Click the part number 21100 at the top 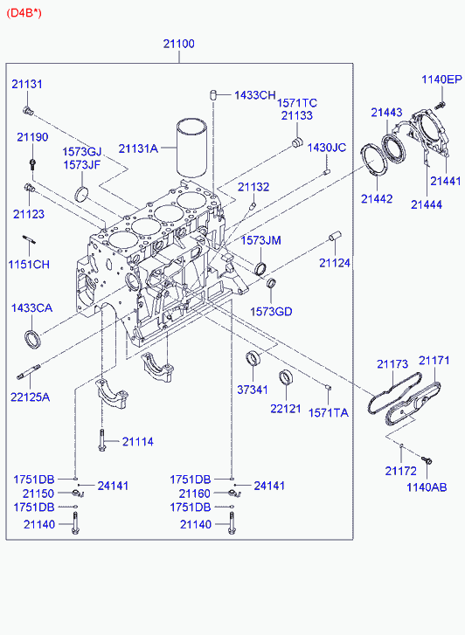[x=179, y=44]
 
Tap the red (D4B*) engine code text [x=24, y=13]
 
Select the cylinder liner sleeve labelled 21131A [x=191, y=148]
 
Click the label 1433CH [x=255, y=95]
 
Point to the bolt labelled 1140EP [x=441, y=105]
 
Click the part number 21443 [x=386, y=112]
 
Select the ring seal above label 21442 [x=371, y=161]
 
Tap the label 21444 [x=427, y=204]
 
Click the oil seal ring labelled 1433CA [x=33, y=340]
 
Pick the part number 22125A [x=31, y=397]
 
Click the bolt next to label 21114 [x=101, y=440]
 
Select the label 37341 [x=253, y=390]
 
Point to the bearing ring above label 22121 [x=286, y=377]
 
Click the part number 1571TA [x=329, y=412]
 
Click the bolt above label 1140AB [x=427, y=460]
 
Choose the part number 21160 [x=195, y=494]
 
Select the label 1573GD [x=271, y=312]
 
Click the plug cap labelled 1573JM [x=260, y=267]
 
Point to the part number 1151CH [x=29, y=265]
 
